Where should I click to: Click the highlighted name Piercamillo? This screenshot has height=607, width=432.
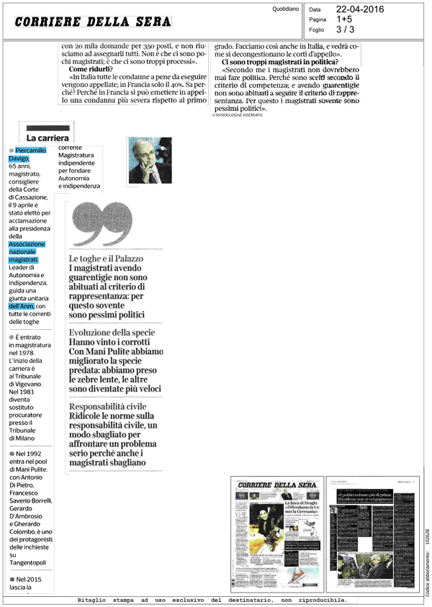tap(31, 150)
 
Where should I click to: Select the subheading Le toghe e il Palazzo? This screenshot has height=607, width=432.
tap(106, 258)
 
